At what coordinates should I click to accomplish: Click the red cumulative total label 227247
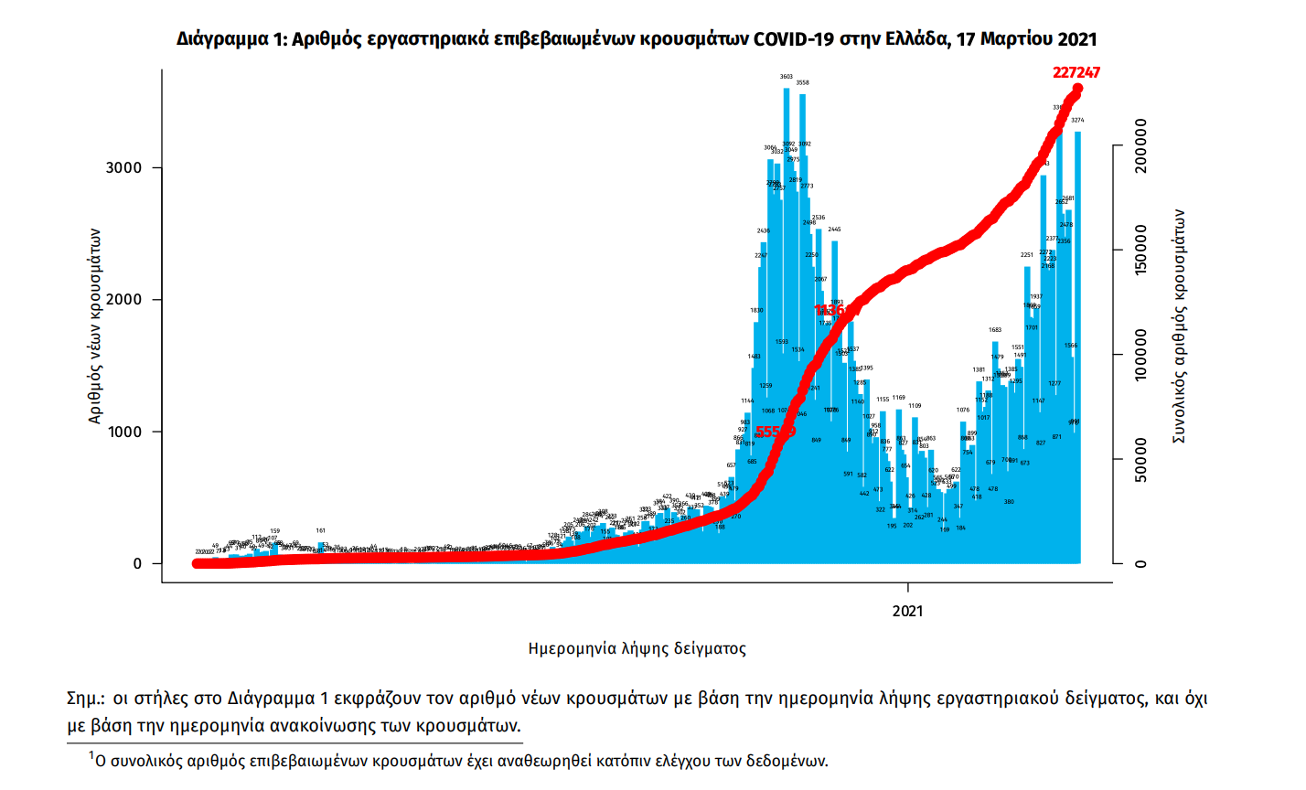pyautogui.click(x=1076, y=72)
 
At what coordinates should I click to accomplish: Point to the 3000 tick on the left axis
pyautogui.click(x=124, y=168)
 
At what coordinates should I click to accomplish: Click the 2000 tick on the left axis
pyautogui.click(x=124, y=300)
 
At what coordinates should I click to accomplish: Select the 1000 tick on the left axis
pyautogui.click(x=124, y=432)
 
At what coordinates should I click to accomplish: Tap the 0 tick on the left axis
pyautogui.click(x=137, y=563)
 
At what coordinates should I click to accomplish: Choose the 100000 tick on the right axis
pyautogui.click(x=1140, y=355)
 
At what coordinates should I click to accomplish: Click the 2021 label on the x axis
pyautogui.click(x=907, y=611)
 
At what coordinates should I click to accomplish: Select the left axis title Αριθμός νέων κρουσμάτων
pyautogui.click(x=95, y=326)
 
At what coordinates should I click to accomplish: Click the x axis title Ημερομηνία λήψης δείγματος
pyautogui.click(x=637, y=649)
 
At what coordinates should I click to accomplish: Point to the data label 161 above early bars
pyautogui.click(x=321, y=530)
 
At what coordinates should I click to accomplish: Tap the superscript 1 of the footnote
pyautogui.click(x=91, y=755)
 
